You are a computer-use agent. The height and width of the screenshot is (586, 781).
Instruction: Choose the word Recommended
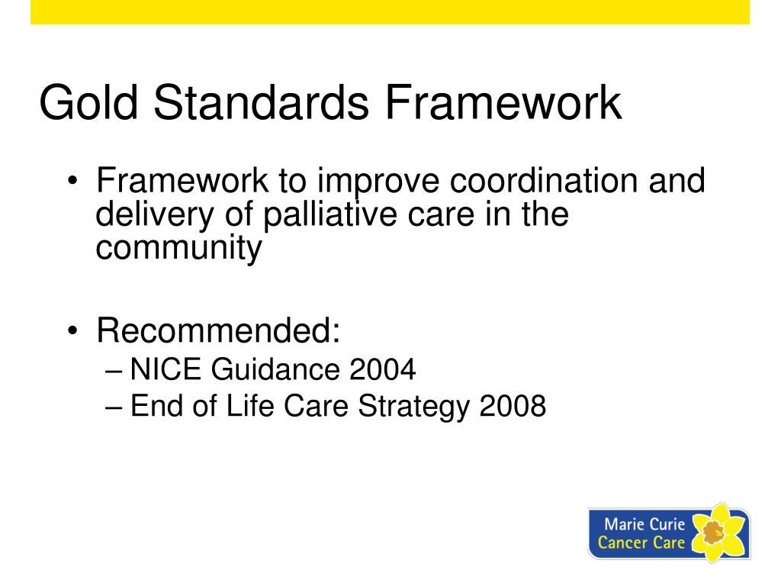(217, 332)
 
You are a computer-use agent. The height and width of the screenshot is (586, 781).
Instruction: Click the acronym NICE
(166, 370)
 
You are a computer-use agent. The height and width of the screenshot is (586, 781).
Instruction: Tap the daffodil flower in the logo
(717, 532)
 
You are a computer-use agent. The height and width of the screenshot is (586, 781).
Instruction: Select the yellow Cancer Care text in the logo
(641, 543)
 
